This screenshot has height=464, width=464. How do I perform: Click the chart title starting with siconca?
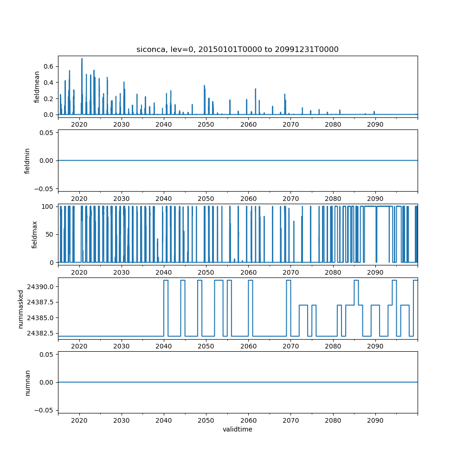pos(237,49)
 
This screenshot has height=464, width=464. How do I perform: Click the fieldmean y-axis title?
pos(37,87)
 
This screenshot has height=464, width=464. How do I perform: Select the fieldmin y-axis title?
pos(27,161)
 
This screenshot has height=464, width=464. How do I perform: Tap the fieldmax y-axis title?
pos(34,234)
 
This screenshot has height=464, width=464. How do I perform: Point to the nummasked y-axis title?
pos(20,308)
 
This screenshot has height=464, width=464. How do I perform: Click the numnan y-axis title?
pos(27,382)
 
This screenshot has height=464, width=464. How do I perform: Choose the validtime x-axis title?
pos(237,430)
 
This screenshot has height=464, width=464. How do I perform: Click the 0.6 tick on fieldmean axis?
pos(48,66)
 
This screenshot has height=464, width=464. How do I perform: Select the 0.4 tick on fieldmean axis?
pos(48,83)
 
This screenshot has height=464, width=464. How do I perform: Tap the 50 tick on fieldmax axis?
pos(51,234)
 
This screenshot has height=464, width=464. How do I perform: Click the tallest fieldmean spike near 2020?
pos(82,59)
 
